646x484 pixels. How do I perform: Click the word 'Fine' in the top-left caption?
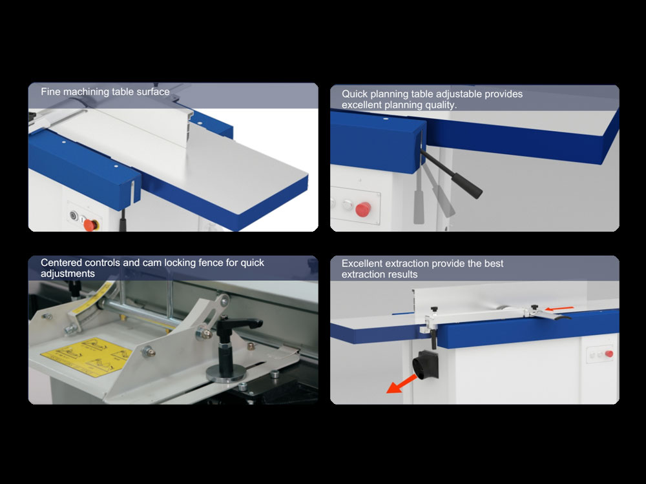pyautogui.click(x=50, y=92)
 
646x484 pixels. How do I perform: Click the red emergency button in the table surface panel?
pyautogui.click(x=90, y=225)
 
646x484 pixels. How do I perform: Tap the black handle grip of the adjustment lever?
pyautogui.click(x=467, y=186)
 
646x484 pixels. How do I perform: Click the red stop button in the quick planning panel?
pyautogui.click(x=362, y=209)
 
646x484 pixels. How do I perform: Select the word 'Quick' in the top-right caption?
pyautogui.click(x=354, y=94)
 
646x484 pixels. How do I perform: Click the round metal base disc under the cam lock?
pyautogui.click(x=225, y=374)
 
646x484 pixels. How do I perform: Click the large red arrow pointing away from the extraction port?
pyautogui.click(x=402, y=383)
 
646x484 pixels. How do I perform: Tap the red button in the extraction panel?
pyautogui.click(x=609, y=354)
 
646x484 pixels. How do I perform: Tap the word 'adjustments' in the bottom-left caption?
pyautogui.click(x=68, y=274)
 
